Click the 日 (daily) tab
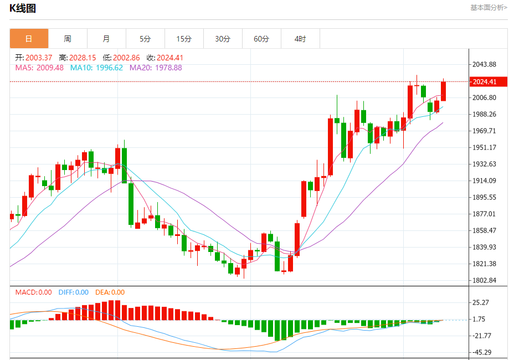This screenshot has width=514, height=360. click(x=29, y=39)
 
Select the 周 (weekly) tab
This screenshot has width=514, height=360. click(x=68, y=39)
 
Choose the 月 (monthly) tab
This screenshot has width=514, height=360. click(x=106, y=39)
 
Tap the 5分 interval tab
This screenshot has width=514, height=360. click(x=145, y=39)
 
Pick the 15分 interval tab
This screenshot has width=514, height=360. click(x=184, y=39)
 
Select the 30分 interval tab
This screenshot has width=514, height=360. click(x=223, y=39)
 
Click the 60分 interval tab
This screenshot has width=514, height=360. click(x=261, y=39)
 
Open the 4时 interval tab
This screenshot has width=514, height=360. click(x=300, y=39)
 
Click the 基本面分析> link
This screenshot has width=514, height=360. click(x=489, y=8)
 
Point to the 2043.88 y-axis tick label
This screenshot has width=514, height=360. click(x=484, y=65)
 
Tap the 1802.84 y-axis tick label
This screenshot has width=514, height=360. click(x=484, y=280)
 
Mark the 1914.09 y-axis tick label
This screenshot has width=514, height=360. click(x=484, y=181)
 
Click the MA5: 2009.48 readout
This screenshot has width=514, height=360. click(x=39, y=68)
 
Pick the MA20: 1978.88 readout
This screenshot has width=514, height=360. click(x=156, y=68)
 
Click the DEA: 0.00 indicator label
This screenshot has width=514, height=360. click(x=110, y=292)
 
